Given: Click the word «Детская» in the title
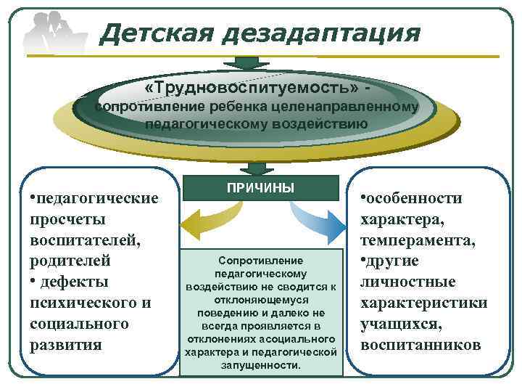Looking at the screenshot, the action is pyautogui.click(x=154, y=33).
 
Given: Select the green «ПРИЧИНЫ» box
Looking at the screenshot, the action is pyautogui.click(x=260, y=188).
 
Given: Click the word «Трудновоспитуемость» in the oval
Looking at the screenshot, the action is pyautogui.click(x=254, y=87).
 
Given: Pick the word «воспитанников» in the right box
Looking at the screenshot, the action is pyautogui.click(x=420, y=344).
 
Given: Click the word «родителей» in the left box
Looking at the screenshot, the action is pyautogui.click(x=70, y=261).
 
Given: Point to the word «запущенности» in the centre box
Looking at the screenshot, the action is pyautogui.click(x=260, y=365).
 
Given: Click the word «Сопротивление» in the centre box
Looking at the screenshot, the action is pyautogui.click(x=260, y=260).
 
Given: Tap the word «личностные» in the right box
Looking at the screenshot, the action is pyautogui.click(x=408, y=282).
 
